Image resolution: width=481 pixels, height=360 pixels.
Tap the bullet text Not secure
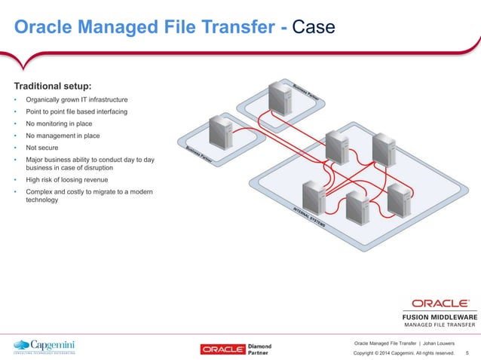[42, 148]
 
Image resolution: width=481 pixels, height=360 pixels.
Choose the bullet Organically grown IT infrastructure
[77, 99]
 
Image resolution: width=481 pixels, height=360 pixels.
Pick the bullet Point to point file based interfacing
[77, 111]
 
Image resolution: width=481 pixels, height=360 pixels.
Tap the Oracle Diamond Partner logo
[236, 349]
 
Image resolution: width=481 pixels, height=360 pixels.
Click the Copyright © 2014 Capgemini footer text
[404, 352]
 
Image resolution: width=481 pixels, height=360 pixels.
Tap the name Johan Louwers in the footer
[440, 343]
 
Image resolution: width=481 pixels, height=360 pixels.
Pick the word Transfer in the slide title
[229, 28]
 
